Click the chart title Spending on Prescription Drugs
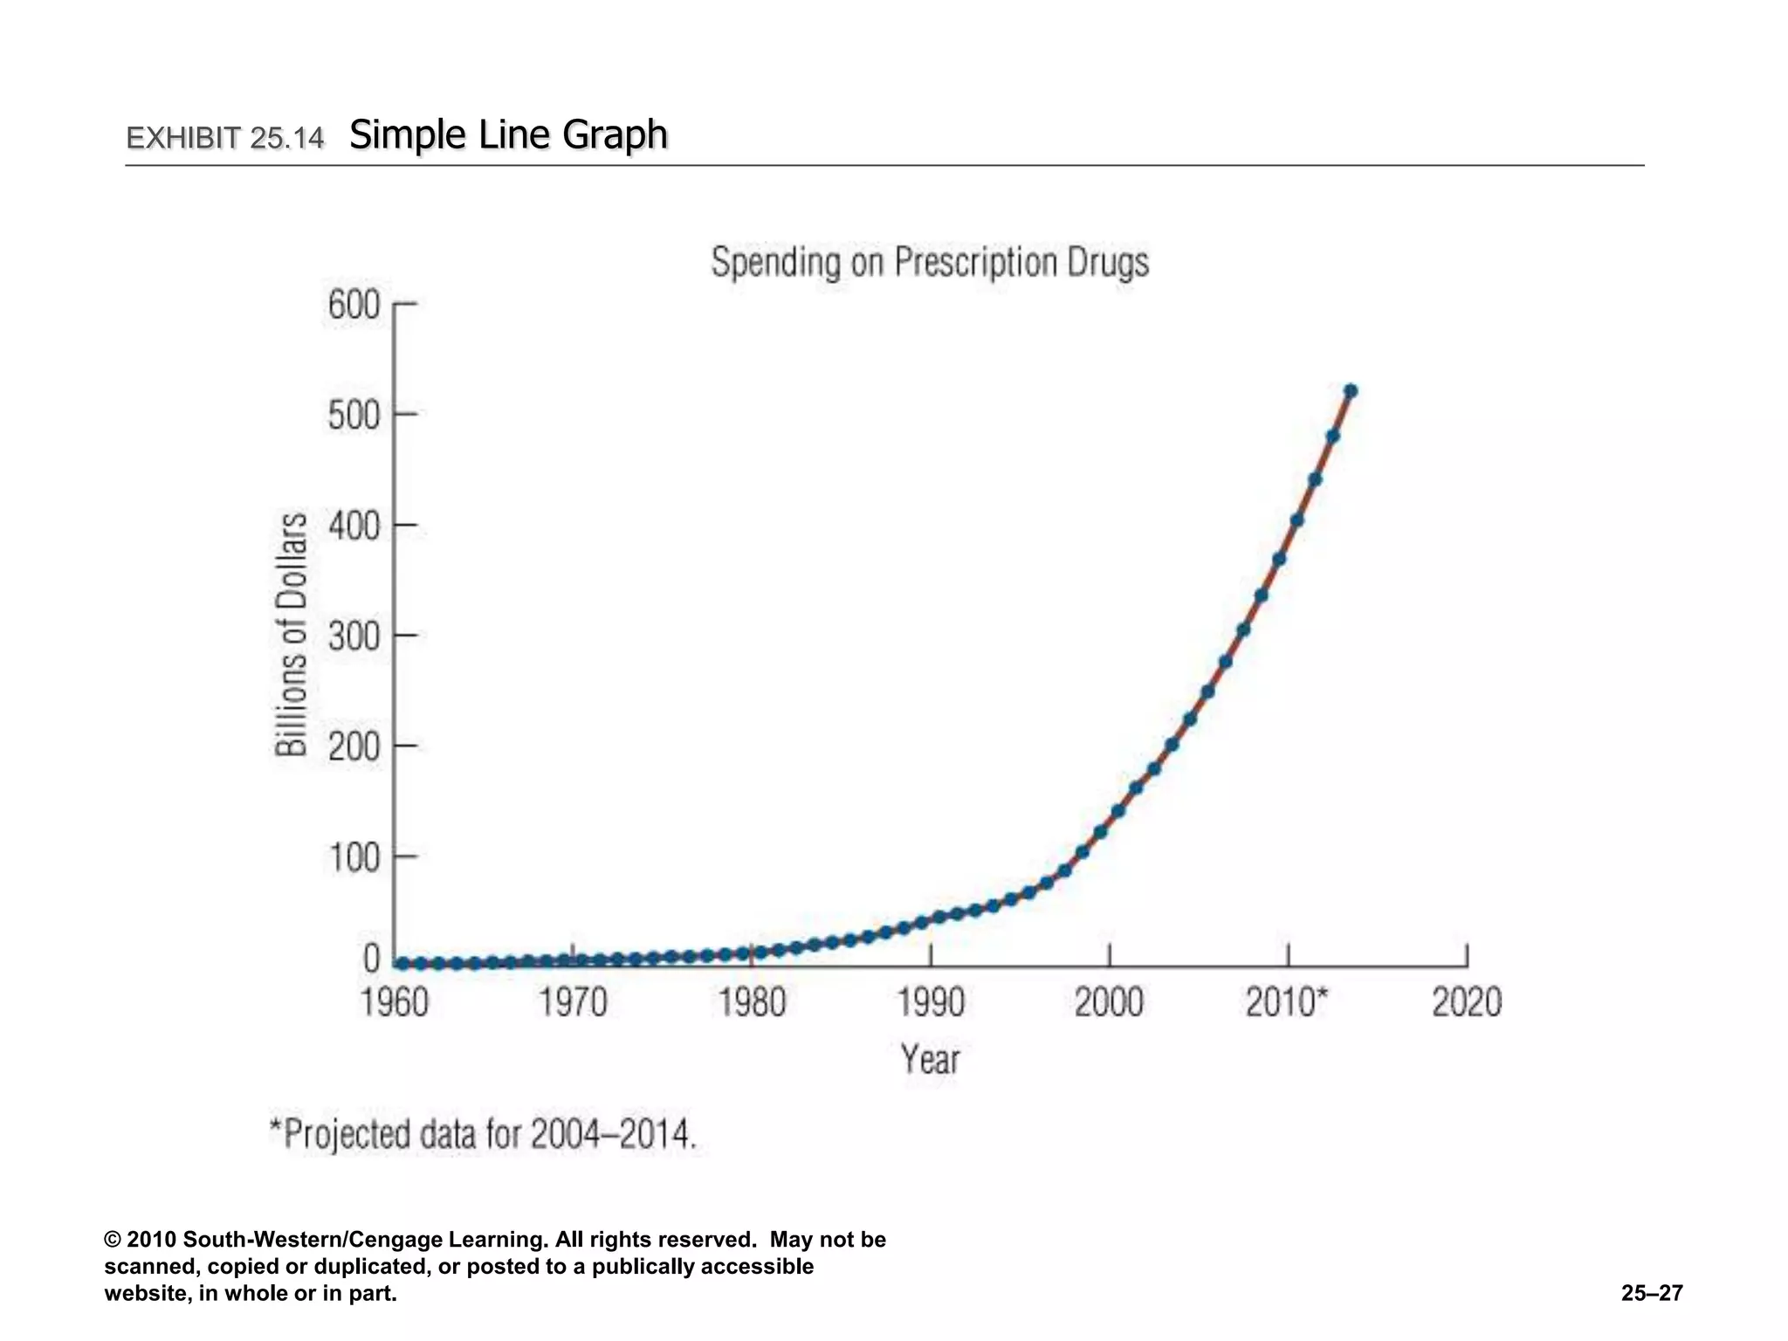[x=930, y=263]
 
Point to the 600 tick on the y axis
[x=354, y=306]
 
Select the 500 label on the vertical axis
[x=354, y=416]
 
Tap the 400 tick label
[x=354, y=526]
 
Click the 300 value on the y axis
[x=354, y=636]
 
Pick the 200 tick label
[x=354, y=747]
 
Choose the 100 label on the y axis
[x=354, y=858]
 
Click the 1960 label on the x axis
[x=395, y=1002]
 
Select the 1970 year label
[x=573, y=1002]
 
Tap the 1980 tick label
[x=752, y=1002]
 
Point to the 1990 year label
[x=931, y=1002]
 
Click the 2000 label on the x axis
[x=1109, y=1002]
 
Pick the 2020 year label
[x=1467, y=1002]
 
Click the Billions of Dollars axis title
[x=292, y=634]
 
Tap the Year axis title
[x=930, y=1060]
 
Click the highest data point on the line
[x=1351, y=391]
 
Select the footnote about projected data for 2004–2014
[x=483, y=1135]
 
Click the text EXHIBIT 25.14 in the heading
[x=225, y=138]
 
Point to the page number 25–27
[x=1652, y=1293]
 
